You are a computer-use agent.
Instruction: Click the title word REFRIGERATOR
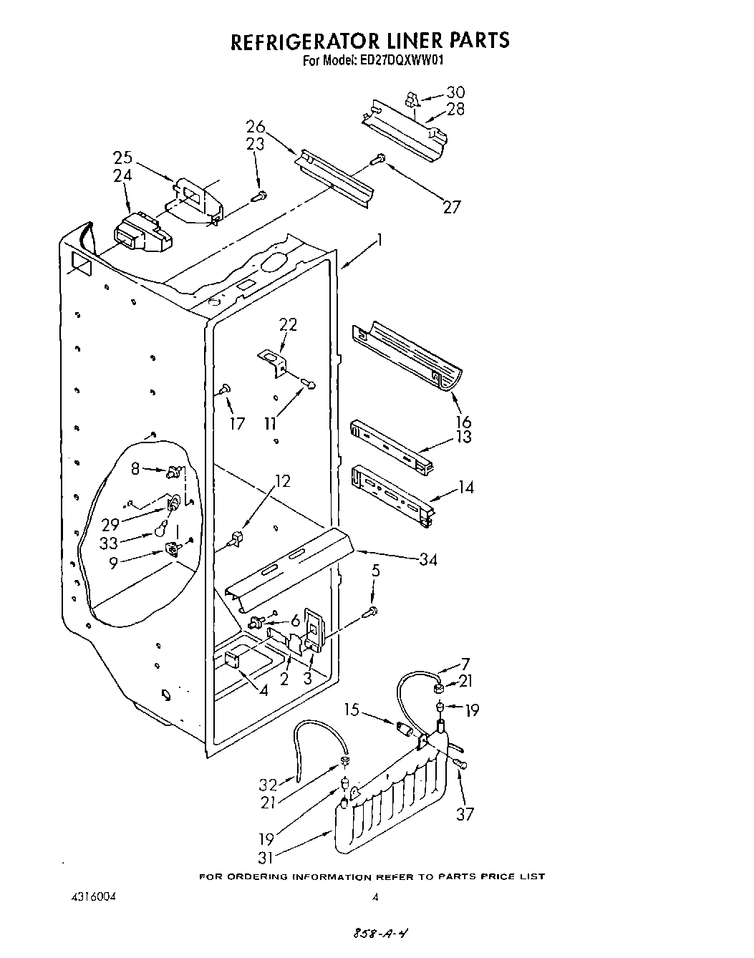pyautogui.click(x=316, y=40)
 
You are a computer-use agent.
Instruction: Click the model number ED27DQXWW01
pyautogui.click(x=400, y=61)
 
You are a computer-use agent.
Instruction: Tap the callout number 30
pyautogui.click(x=455, y=92)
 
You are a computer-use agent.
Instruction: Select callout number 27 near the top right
pyautogui.click(x=451, y=207)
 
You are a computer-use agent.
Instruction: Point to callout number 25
pyautogui.click(x=122, y=158)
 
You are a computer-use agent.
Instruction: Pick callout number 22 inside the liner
pyautogui.click(x=287, y=324)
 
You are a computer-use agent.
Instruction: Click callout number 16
pyautogui.click(x=463, y=421)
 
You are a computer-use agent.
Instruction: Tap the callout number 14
pyautogui.click(x=466, y=488)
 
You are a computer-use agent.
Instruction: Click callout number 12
pyautogui.click(x=283, y=481)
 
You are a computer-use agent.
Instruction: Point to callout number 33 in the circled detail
pyautogui.click(x=109, y=543)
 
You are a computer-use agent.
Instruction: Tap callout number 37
pyautogui.click(x=465, y=813)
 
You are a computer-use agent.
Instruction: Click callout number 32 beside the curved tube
pyautogui.click(x=267, y=783)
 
